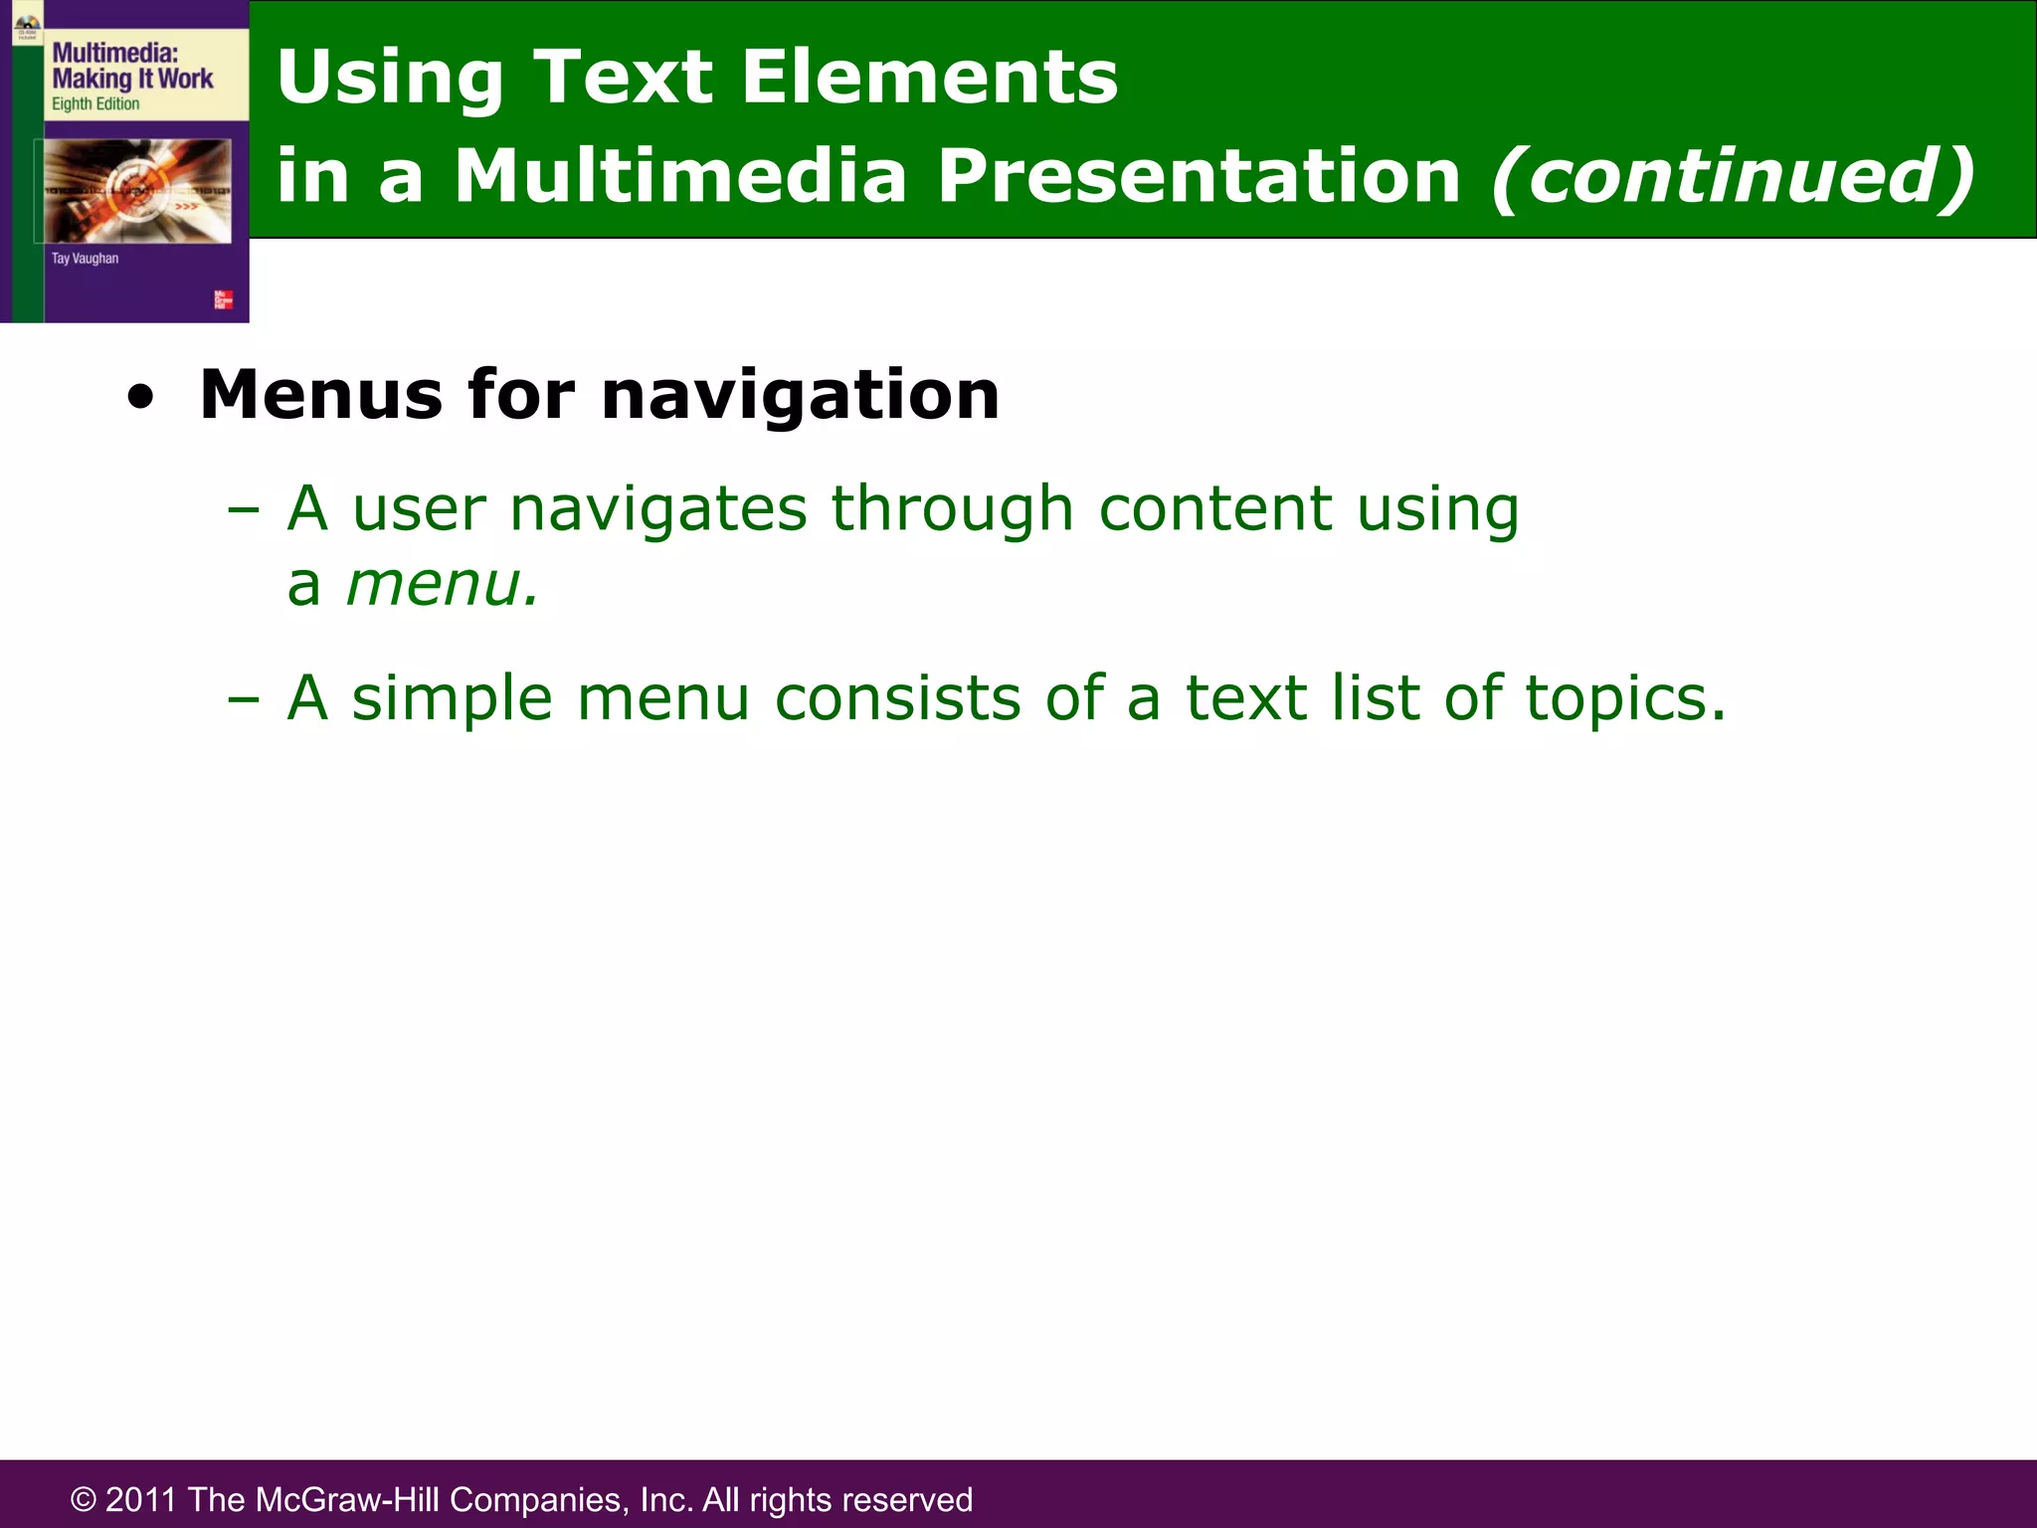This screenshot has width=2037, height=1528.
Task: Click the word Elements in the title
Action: coord(929,77)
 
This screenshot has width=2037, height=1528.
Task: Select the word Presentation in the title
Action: coord(1199,176)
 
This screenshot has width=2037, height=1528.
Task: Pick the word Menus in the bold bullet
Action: coord(320,395)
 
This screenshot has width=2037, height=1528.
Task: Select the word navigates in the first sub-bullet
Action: coord(657,509)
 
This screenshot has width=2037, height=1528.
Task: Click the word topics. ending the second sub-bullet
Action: coord(1625,698)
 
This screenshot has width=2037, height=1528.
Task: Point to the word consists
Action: coord(897,698)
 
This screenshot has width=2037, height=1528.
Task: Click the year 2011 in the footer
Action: coord(141,1499)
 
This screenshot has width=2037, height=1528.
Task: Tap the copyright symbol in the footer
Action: coord(84,1499)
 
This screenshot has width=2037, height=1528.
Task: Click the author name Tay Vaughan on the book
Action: coord(85,259)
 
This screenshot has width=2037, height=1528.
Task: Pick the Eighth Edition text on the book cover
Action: coord(95,104)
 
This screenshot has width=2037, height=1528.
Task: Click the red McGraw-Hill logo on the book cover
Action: coord(224,299)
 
